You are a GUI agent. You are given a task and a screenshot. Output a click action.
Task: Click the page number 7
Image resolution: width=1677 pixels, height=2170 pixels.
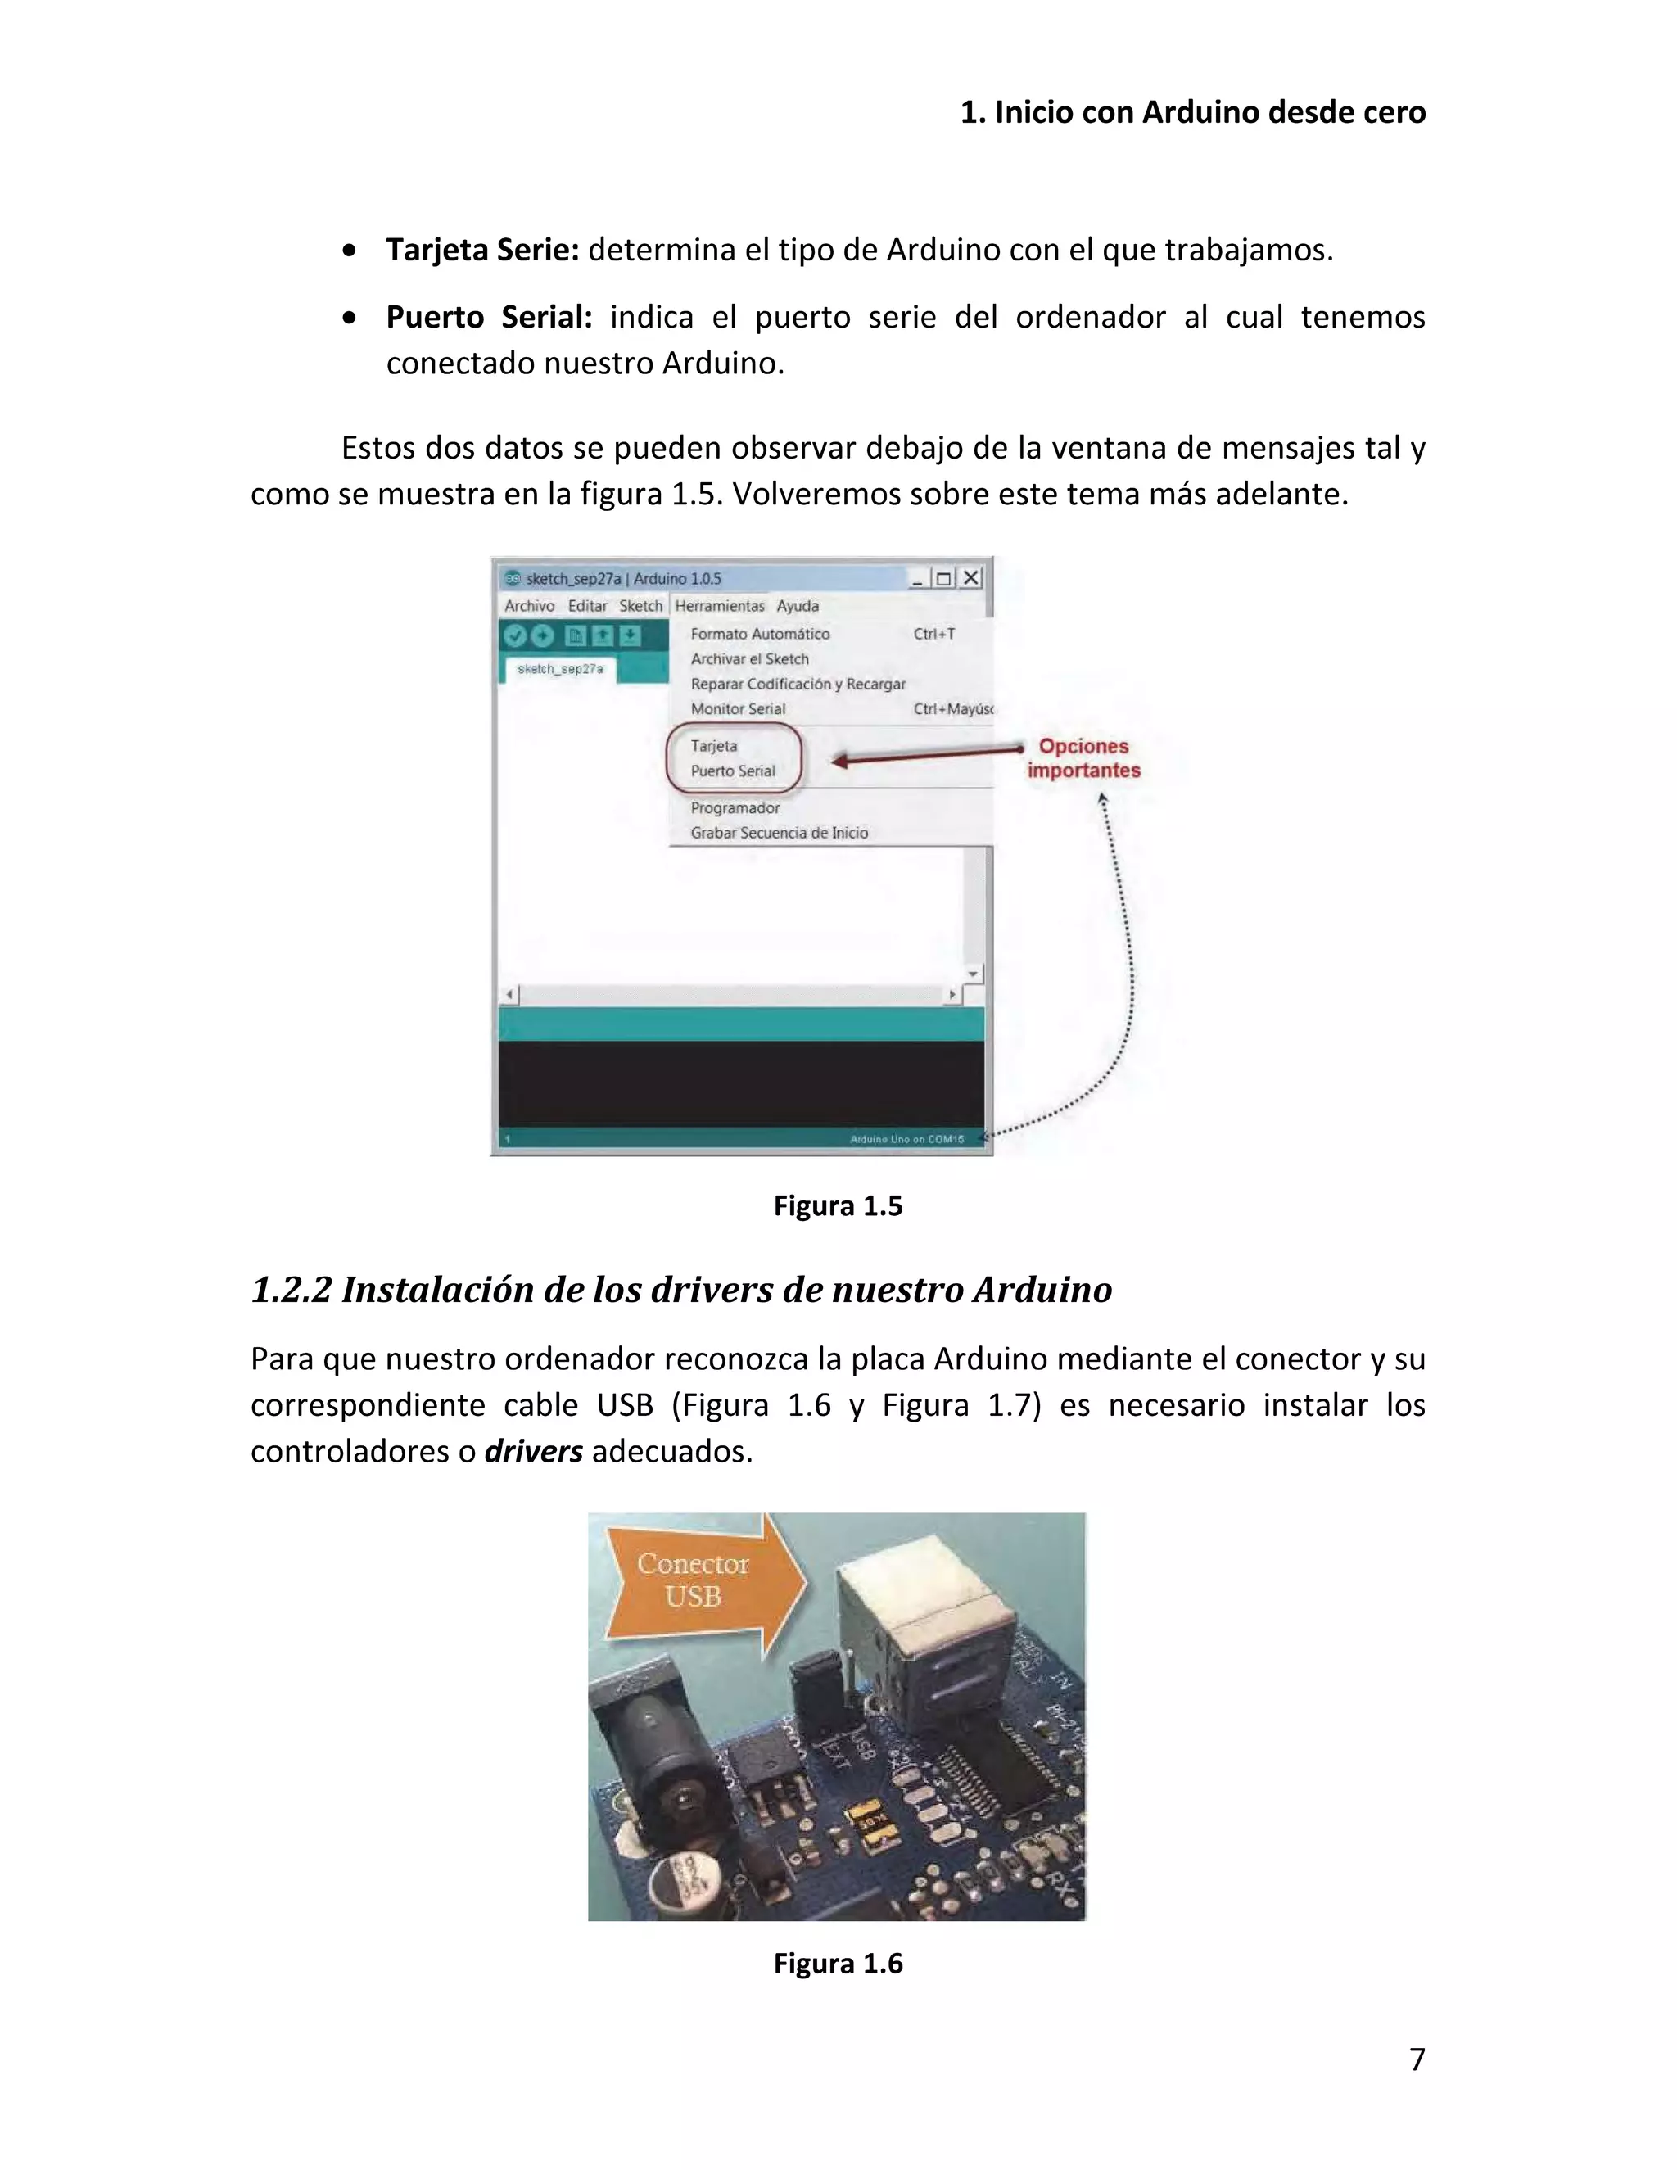(1417, 2059)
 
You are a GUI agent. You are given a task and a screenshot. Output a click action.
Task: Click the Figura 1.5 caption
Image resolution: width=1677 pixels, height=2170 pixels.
(838, 1205)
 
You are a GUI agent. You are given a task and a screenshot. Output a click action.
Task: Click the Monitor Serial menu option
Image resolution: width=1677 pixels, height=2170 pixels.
(738, 708)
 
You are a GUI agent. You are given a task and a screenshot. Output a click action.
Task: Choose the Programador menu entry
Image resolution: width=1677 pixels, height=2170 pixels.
(735, 807)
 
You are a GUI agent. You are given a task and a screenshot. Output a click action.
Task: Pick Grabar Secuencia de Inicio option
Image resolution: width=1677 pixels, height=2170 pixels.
(779, 833)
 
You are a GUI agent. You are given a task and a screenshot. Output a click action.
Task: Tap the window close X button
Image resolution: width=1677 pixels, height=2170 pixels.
(970, 577)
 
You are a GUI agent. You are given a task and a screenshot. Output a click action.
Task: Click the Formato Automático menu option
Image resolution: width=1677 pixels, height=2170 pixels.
(760, 634)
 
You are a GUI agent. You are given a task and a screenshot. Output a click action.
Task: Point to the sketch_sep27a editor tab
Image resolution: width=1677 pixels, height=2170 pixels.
(560, 670)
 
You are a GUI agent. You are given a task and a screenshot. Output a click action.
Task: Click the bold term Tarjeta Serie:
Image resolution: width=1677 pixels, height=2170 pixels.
(481, 250)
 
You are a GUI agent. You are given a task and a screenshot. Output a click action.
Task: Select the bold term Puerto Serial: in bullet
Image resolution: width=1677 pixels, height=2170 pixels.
(489, 317)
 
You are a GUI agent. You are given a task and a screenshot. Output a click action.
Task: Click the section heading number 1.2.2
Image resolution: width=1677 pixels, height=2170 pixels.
(291, 1290)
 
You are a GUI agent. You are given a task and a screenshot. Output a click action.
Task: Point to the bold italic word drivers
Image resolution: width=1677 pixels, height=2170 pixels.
(534, 1452)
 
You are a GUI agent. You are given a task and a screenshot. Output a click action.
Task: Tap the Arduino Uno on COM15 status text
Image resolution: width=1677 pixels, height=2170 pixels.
(906, 1139)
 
